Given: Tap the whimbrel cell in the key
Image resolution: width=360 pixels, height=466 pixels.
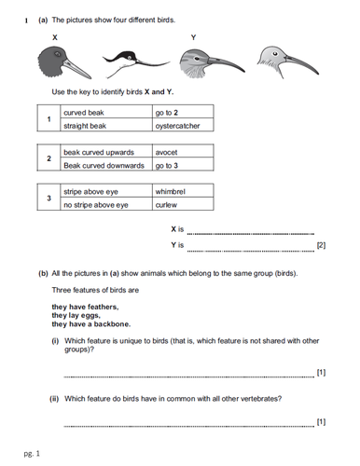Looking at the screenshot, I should [x=183, y=191].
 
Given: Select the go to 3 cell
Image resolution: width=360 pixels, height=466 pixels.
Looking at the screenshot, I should [x=183, y=165].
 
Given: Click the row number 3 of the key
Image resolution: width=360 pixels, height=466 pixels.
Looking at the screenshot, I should [x=48, y=198].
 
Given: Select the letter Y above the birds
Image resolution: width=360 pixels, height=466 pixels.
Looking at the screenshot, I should [x=192, y=37].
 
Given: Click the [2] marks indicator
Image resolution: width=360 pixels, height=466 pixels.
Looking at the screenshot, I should [x=322, y=246].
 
